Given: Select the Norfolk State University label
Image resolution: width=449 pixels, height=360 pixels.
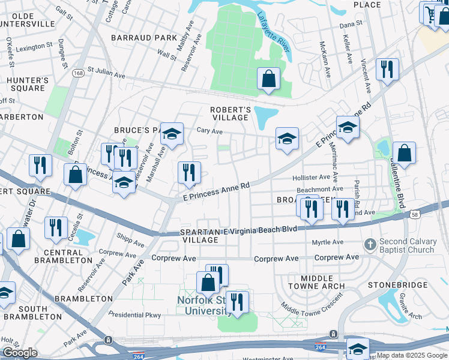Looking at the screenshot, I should pos(204,305).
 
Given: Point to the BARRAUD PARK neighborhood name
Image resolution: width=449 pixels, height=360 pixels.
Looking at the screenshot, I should pos(143,37).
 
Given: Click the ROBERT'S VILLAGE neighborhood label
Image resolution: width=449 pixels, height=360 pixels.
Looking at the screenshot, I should pos(230,114).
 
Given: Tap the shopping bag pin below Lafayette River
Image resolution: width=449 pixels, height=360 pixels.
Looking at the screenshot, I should pos(268,79).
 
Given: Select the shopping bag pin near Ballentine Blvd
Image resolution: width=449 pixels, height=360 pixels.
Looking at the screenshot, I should pos(405,153).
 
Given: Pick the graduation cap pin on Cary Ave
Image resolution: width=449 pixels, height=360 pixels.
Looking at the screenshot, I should pos(172,136).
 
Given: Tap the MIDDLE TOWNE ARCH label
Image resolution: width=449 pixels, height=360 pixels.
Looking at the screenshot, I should pos(317,283).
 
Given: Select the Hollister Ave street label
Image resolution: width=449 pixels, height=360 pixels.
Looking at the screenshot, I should pos(311,178).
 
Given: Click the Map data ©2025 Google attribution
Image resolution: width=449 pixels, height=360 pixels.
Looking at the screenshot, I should pos(411,356).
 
